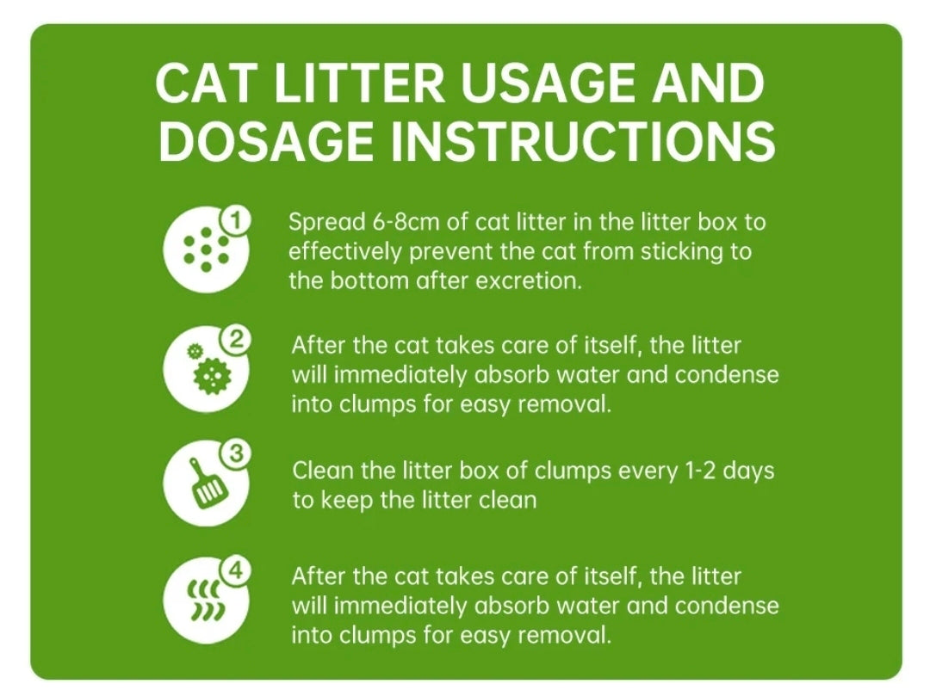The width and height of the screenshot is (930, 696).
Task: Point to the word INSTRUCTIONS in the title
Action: pos(583,141)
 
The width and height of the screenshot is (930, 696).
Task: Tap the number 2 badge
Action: pos(235,341)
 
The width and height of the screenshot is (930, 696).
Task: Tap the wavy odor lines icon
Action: pos(207,601)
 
